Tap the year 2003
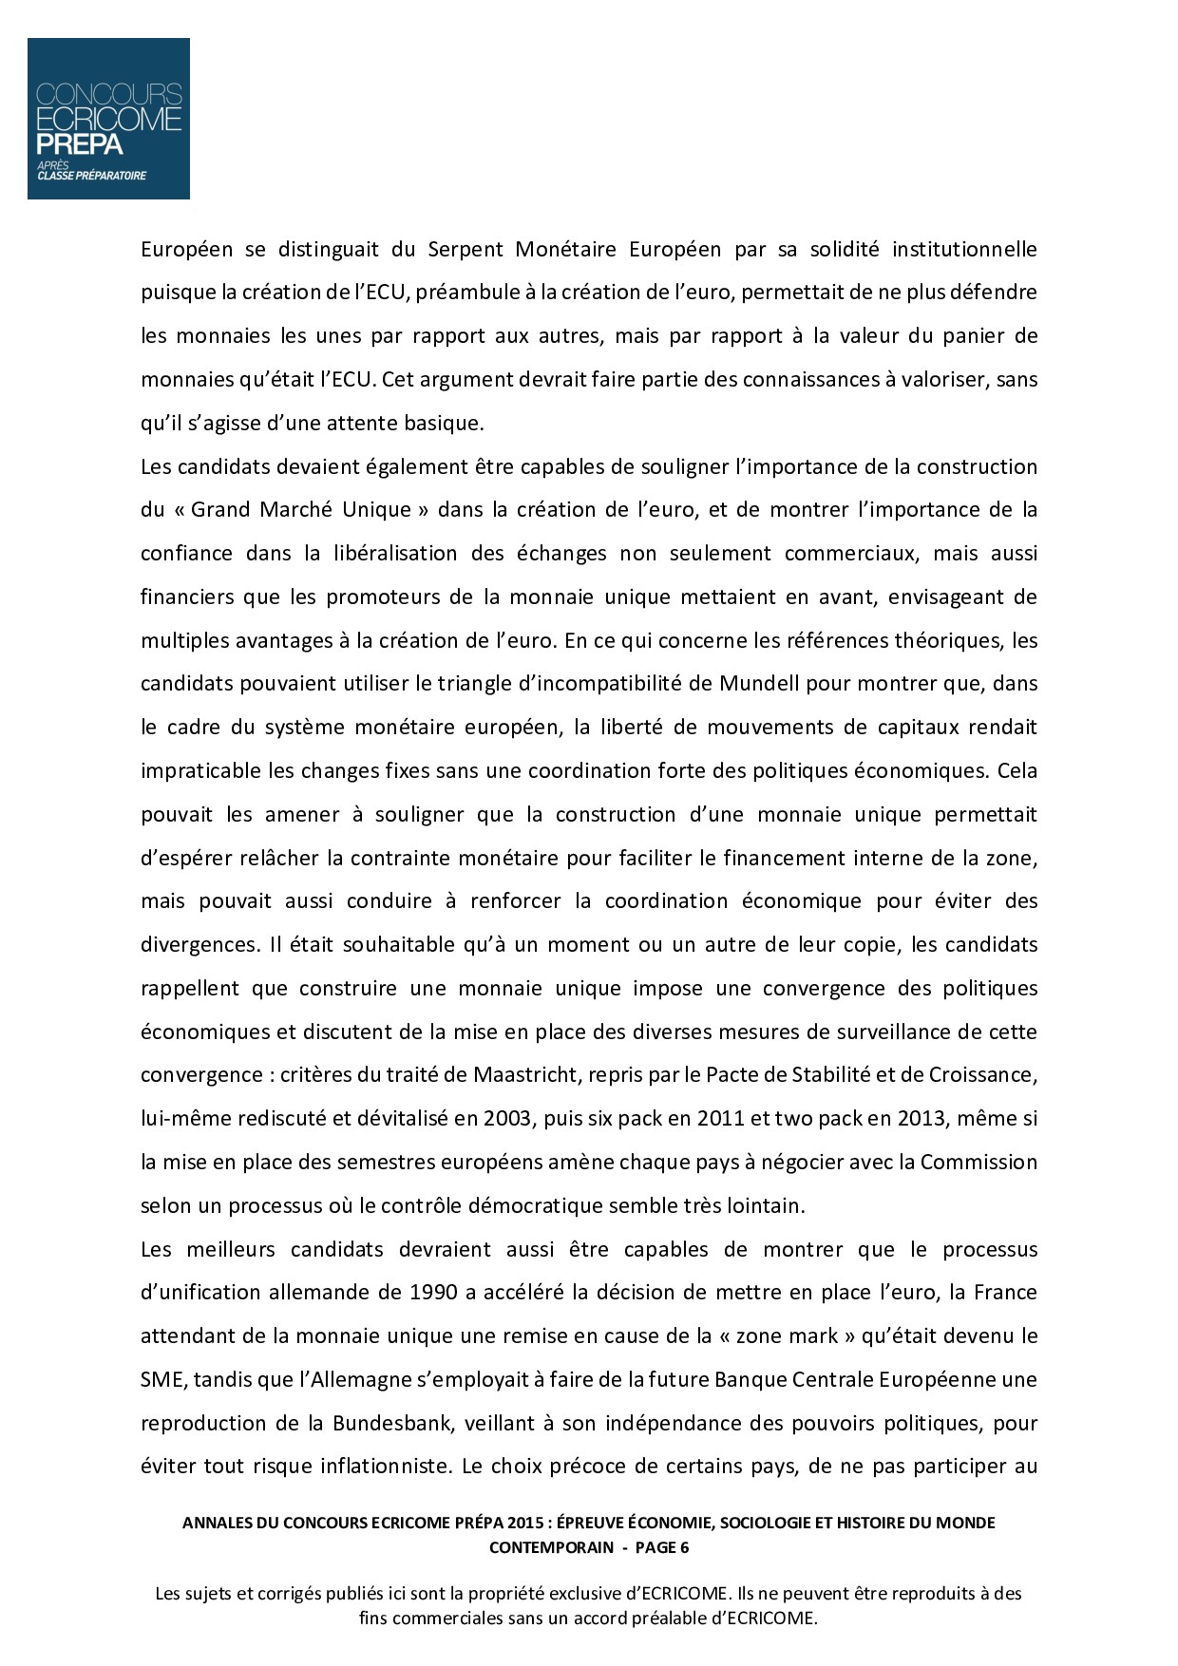pyautogui.click(x=506, y=1119)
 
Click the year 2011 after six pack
pyautogui.click(x=721, y=1119)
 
